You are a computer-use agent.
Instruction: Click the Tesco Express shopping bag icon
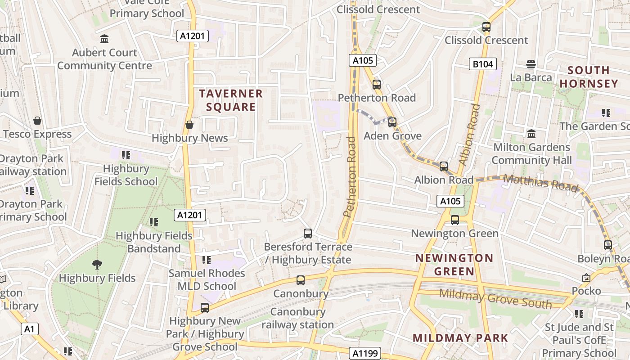click(x=37, y=121)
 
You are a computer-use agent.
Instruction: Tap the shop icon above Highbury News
click(x=189, y=125)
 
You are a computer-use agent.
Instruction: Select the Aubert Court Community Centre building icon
click(x=104, y=39)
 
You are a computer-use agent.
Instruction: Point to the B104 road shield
click(x=483, y=64)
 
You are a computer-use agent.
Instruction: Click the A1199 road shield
click(x=366, y=353)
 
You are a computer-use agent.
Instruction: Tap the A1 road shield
click(x=29, y=329)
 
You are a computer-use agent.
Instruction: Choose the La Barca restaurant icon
click(x=531, y=64)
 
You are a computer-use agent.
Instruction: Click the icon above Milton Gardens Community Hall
click(x=531, y=134)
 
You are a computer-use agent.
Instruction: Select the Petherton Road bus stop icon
click(x=377, y=85)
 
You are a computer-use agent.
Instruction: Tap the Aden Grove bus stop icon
click(x=392, y=122)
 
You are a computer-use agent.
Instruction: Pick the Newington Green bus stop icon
click(x=455, y=220)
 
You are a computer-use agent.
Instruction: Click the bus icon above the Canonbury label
click(x=301, y=280)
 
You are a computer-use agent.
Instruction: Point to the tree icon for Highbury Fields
click(x=97, y=265)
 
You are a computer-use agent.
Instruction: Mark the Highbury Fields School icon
click(x=126, y=155)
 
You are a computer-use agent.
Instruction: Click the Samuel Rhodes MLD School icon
click(x=207, y=260)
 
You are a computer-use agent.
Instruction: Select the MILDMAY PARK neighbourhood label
click(x=460, y=338)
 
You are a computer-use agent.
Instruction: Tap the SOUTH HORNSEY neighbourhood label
click(x=589, y=77)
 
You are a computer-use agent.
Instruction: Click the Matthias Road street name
click(x=540, y=183)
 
